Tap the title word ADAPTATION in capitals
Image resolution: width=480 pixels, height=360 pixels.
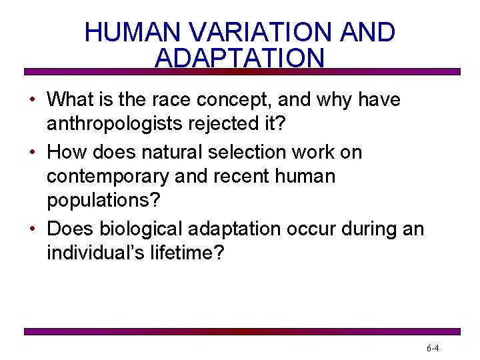tap(239, 58)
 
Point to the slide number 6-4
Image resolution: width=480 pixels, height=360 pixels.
tap(432, 348)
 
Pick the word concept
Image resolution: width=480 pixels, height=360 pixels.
tap(237, 100)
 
